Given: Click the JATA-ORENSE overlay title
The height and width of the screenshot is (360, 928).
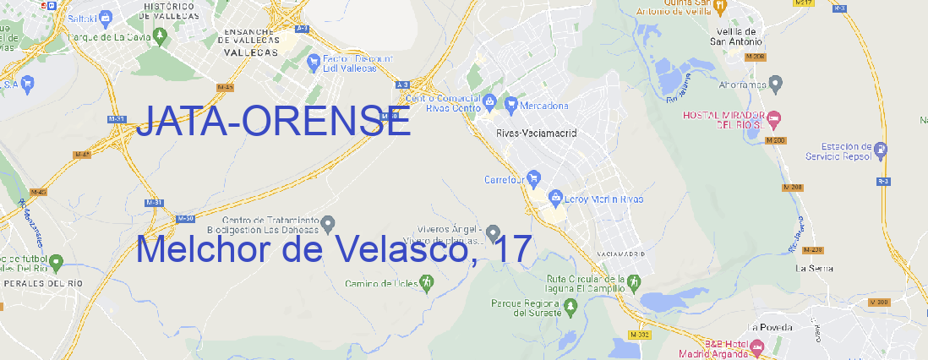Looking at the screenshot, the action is [273, 123].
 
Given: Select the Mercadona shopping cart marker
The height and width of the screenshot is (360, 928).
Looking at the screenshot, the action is [510, 106].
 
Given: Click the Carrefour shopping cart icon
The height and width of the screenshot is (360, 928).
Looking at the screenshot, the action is [534, 178].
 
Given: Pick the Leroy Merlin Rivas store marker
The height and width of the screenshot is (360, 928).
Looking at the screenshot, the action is [555, 199].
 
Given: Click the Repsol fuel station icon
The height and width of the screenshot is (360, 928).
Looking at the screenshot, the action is [882, 150].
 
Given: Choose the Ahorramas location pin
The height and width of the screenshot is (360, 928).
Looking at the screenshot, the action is [776, 84].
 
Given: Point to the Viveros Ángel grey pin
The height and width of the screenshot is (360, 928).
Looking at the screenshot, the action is [494, 232].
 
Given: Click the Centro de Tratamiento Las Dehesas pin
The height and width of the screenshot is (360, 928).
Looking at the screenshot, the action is [328, 223].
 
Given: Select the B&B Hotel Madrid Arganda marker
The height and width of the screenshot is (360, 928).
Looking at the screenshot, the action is [757, 347].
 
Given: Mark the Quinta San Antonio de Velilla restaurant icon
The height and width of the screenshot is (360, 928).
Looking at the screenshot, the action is [719, 8].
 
